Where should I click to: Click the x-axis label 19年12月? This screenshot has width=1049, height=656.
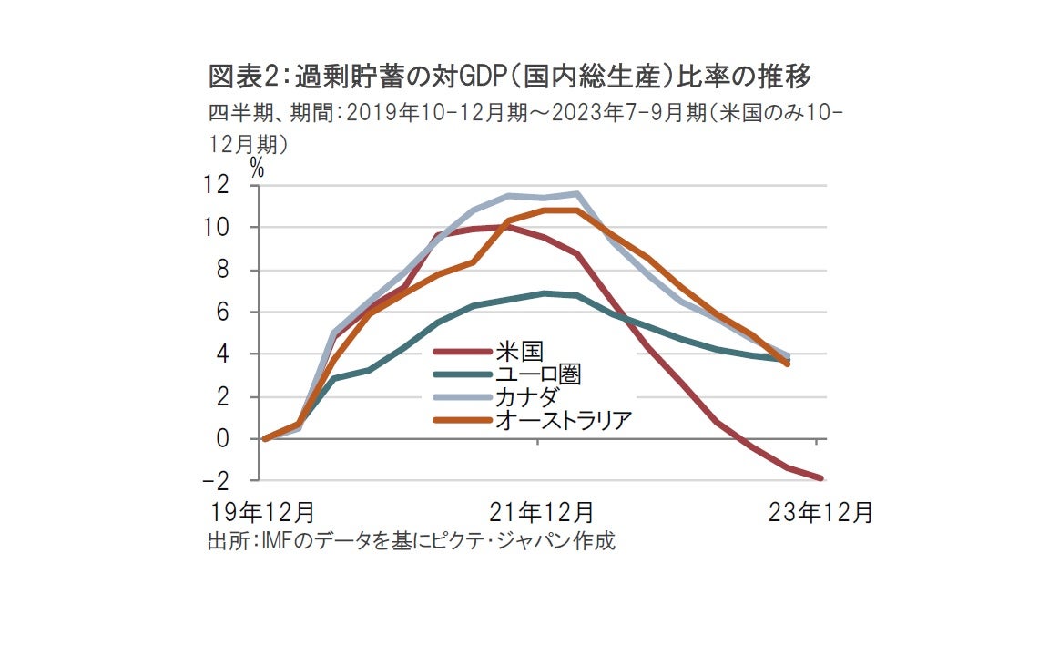(263, 512)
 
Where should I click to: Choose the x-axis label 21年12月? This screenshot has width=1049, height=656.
(541, 512)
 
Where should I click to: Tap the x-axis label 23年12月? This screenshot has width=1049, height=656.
(820, 512)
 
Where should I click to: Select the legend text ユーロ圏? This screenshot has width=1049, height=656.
(538, 374)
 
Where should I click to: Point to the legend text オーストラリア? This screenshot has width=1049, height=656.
(563, 420)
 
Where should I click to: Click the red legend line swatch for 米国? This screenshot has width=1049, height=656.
(463, 352)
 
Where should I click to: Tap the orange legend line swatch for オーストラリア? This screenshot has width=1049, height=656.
(463, 420)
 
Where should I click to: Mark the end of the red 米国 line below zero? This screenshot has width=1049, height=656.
(821, 477)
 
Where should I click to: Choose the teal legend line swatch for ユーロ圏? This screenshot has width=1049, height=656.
(463, 374)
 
